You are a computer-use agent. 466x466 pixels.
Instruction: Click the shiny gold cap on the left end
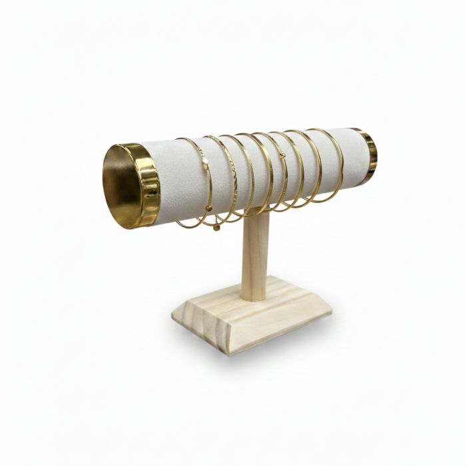pos(148,186)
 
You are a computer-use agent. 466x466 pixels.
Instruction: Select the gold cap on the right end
pos(369,153)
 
